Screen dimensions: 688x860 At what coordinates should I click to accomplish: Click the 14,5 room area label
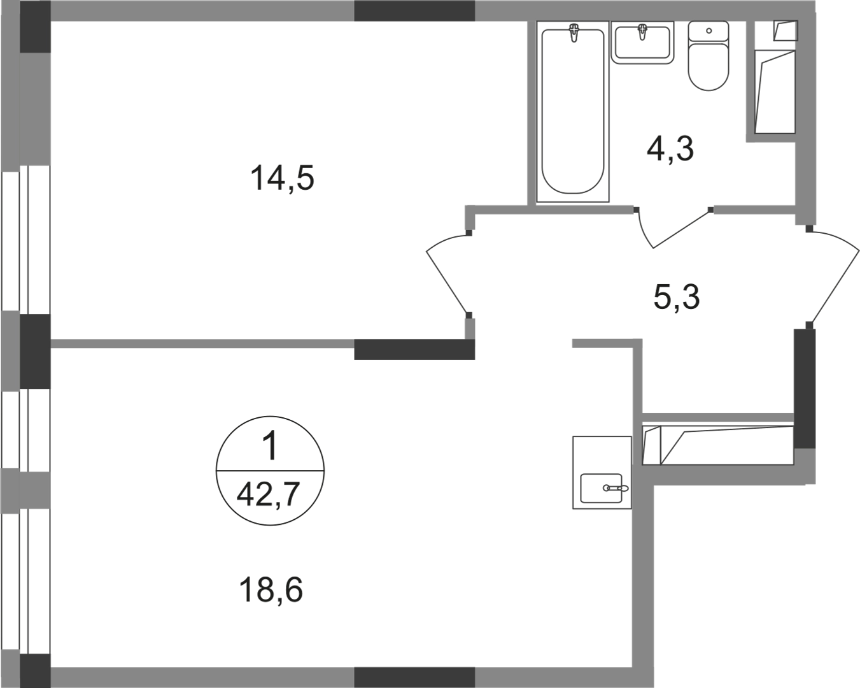[x=284, y=179]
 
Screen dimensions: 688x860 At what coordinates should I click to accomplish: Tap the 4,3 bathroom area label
[x=672, y=150]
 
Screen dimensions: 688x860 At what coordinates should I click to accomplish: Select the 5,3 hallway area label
[x=677, y=297]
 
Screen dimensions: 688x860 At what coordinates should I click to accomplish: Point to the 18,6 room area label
[x=273, y=591]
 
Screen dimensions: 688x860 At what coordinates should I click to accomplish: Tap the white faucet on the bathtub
[x=575, y=32]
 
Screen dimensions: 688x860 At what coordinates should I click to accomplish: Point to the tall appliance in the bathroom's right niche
[x=775, y=92]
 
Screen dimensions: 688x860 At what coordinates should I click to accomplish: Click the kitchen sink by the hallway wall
[x=602, y=475]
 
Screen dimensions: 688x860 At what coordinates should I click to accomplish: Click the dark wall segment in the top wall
[x=414, y=11]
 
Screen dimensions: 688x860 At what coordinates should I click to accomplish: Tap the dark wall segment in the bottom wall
[x=414, y=675]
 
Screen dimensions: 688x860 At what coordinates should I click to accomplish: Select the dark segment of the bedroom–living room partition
[x=414, y=350]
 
